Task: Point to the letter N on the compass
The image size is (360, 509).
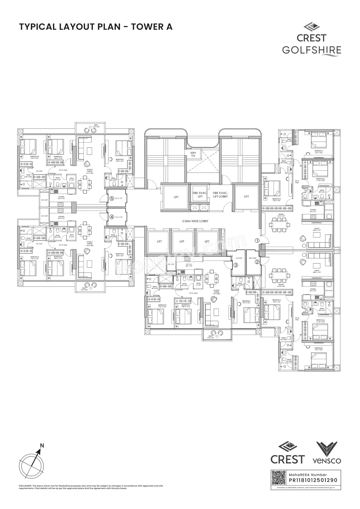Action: [x=42, y=445]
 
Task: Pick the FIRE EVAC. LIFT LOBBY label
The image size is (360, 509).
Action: [x=220, y=195]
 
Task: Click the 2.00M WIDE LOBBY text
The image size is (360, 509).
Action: [x=195, y=221]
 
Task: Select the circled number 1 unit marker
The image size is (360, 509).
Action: [x=257, y=241]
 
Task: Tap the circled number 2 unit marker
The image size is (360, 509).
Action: [x=257, y=262]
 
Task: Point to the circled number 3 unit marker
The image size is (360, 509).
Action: [x=236, y=265]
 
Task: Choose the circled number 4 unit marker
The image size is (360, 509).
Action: [x=112, y=217]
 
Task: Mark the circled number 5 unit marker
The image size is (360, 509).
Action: [x=112, y=199]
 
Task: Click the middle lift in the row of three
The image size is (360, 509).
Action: [x=182, y=241]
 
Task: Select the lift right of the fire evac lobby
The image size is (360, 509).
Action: [x=246, y=197]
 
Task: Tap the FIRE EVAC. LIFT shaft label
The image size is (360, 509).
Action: [x=200, y=195]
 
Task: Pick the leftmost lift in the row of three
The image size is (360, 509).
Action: [x=159, y=241]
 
